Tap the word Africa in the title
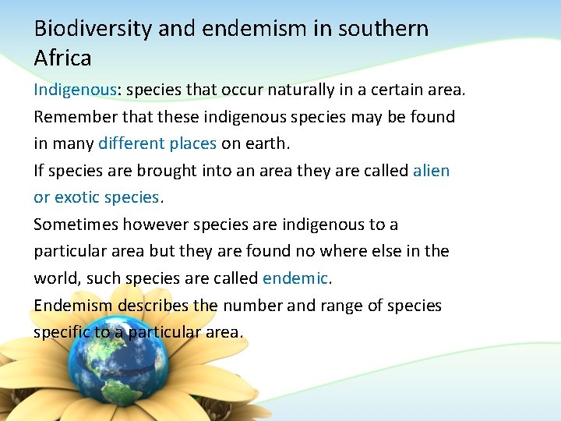pos(62,58)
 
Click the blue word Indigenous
pos(75,90)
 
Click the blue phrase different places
pos(157,143)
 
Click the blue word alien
pos(431,171)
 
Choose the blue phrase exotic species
pos(107,197)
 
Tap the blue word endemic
pos(296,278)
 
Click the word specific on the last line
pos(62,332)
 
